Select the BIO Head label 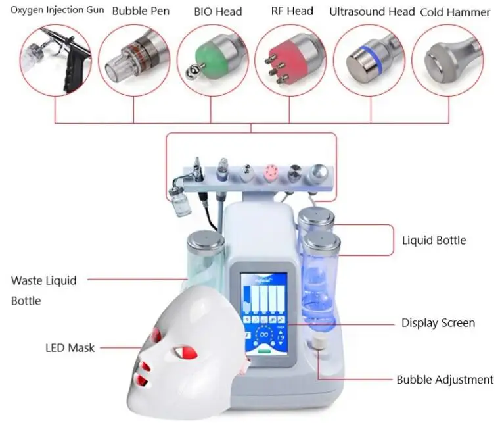(217, 11)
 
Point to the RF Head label (292, 11)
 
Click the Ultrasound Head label (372, 11)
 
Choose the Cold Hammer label (455, 12)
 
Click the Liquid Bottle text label (434, 240)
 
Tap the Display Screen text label (438, 323)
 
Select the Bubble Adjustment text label (444, 380)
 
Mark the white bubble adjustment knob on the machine (320, 343)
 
